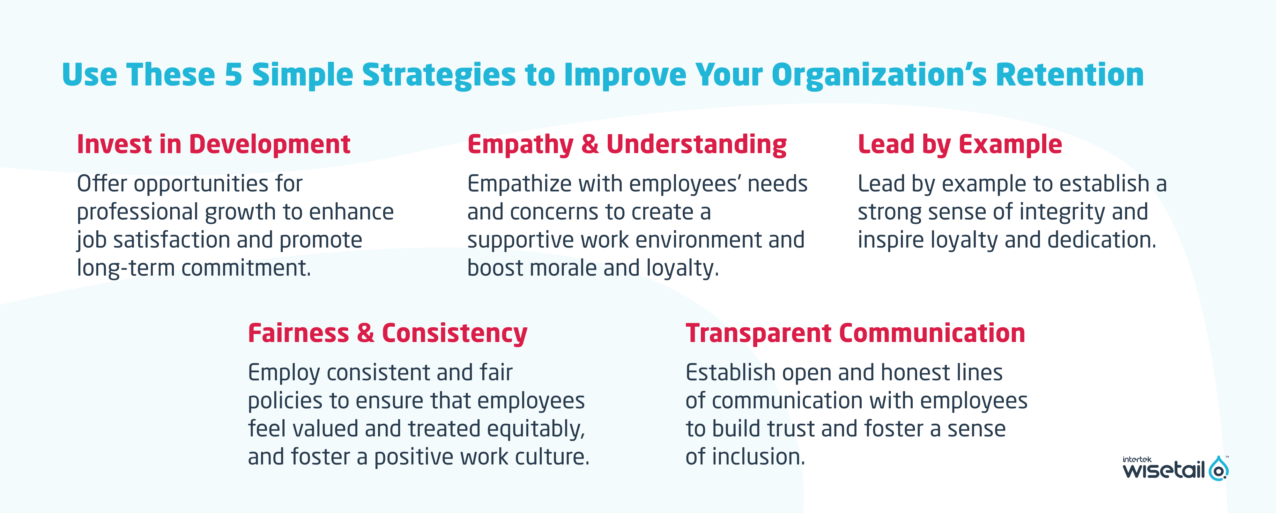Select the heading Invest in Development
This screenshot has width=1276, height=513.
(x=213, y=145)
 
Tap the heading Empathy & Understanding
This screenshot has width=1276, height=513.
(x=627, y=145)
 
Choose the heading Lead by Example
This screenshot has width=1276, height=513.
(x=960, y=145)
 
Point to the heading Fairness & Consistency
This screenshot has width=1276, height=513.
(x=387, y=333)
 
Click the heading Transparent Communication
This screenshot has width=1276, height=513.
(x=855, y=333)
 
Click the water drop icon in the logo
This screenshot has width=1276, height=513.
(x=1218, y=468)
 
